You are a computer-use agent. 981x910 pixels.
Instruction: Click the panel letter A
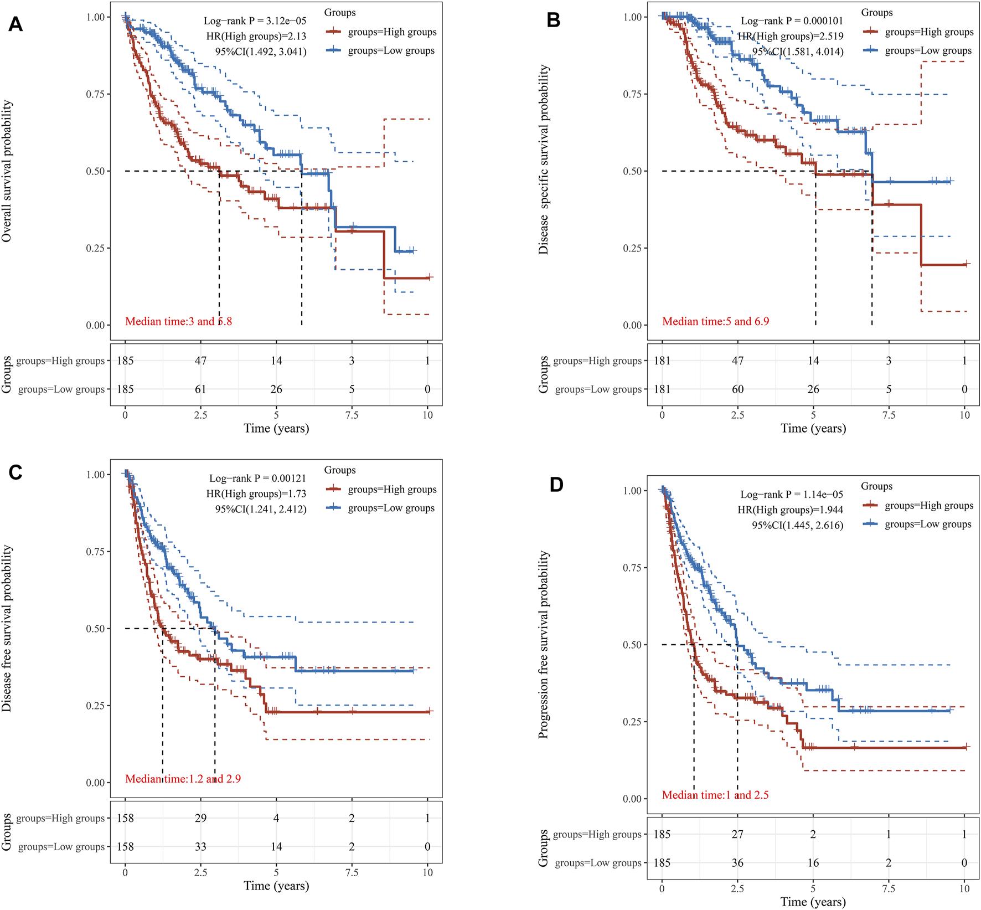pyautogui.click(x=16, y=24)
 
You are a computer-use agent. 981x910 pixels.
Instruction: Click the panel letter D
pyautogui.click(x=556, y=485)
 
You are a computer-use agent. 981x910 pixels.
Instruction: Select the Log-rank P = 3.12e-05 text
pyautogui.click(x=255, y=21)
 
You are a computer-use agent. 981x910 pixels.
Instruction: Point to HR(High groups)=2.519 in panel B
pyautogui.click(x=791, y=37)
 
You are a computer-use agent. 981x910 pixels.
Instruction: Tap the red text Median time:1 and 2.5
pyautogui.click(x=715, y=795)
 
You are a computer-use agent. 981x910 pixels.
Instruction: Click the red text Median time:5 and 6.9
pyautogui.click(x=715, y=321)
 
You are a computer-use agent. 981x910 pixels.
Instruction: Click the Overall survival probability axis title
pyautogui.click(x=7, y=171)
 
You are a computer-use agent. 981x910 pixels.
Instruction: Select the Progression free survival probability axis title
pyautogui.click(x=544, y=645)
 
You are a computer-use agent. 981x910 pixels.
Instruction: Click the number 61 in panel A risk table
pyautogui.click(x=200, y=389)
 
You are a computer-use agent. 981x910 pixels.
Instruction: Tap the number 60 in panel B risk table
pyautogui.click(x=737, y=389)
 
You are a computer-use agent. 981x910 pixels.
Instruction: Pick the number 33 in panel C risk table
pyautogui.click(x=200, y=846)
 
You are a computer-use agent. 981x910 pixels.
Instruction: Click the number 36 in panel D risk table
pyautogui.click(x=737, y=862)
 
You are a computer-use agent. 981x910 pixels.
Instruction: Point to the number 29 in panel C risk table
pyautogui.click(x=200, y=818)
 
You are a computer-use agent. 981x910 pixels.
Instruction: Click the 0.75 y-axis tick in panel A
pyautogui.click(x=95, y=94)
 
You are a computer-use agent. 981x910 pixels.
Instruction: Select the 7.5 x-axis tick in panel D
pyautogui.click(x=889, y=888)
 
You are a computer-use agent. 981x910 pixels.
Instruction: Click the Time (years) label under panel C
pyautogui.click(x=276, y=886)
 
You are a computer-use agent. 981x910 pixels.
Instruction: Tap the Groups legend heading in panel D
pyautogui.click(x=876, y=486)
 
